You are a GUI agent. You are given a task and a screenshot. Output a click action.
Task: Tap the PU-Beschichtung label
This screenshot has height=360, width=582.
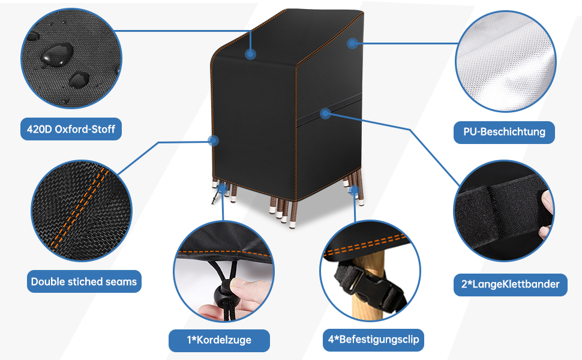coord(504,131)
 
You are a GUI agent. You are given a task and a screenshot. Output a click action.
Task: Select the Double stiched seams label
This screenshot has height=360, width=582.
coord(84,281)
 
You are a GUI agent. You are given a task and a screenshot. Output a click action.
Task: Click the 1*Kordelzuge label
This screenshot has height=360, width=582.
coord(219,340)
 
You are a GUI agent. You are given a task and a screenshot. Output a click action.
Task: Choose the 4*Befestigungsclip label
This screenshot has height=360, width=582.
coord(373,340)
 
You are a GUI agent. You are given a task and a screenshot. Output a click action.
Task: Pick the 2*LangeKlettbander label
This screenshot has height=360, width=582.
coord(510,284)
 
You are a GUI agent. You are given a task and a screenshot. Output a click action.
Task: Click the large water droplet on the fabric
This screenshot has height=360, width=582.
coord(56,54)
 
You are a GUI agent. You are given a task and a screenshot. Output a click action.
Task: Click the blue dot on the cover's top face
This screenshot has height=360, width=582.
coord(251,54)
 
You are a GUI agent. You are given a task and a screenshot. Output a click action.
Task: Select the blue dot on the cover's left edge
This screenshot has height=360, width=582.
coord(212,141)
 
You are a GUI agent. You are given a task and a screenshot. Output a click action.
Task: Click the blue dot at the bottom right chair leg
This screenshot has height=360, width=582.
coord(353,190)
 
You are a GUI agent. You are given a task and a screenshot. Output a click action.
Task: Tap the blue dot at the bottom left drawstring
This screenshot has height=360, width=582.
coord(223,188)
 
